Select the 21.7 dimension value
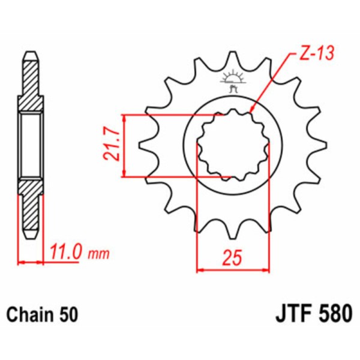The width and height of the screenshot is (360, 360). (x=108, y=146)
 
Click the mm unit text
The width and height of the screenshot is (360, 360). (x=98, y=253)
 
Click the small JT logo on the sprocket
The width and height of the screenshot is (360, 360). (x=233, y=81)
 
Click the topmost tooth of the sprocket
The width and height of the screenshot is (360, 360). (x=233, y=60)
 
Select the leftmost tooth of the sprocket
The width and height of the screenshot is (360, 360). (x=144, y=145)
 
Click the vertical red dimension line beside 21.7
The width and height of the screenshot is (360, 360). (x=124, y=146)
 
